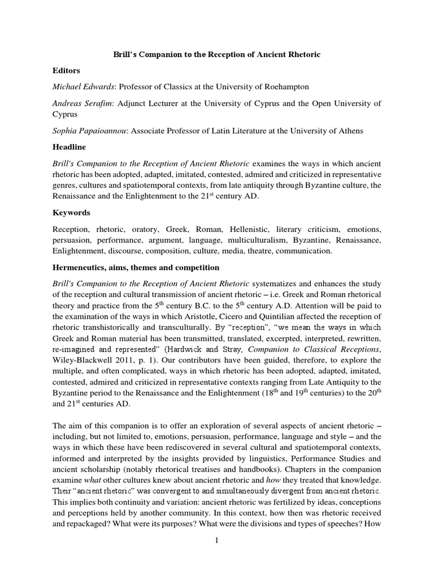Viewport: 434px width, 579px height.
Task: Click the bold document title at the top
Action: tap(217, 54)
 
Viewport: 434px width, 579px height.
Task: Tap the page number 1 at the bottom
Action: tap(217, 541)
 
